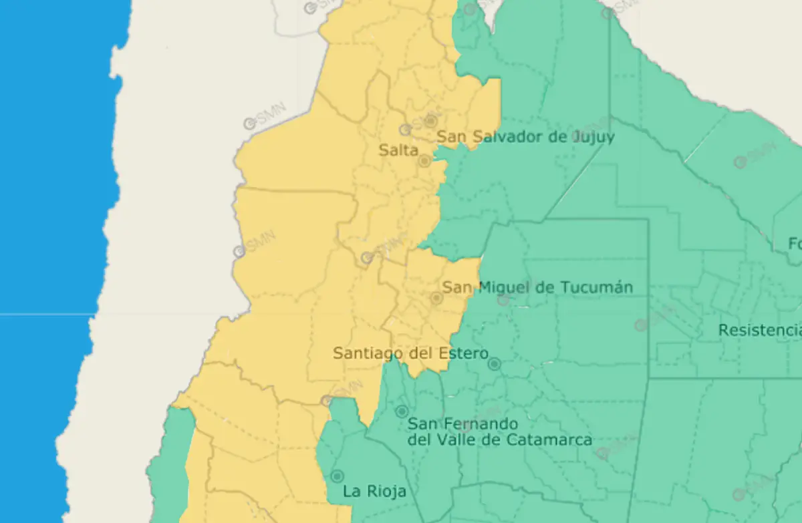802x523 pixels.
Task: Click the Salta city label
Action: coord(398,150)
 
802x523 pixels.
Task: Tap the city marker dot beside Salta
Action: coord(424,161)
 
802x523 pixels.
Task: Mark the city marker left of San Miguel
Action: coord(436,299)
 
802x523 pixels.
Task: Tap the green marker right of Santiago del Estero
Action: coord(494,364)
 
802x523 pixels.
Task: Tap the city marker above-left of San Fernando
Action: coord(402,411)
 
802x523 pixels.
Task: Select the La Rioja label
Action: coord(374,492)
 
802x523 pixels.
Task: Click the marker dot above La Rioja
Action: coord(338,476)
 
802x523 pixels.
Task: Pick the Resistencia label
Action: coord(759,330)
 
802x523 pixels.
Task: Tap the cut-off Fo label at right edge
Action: coord(795,244)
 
